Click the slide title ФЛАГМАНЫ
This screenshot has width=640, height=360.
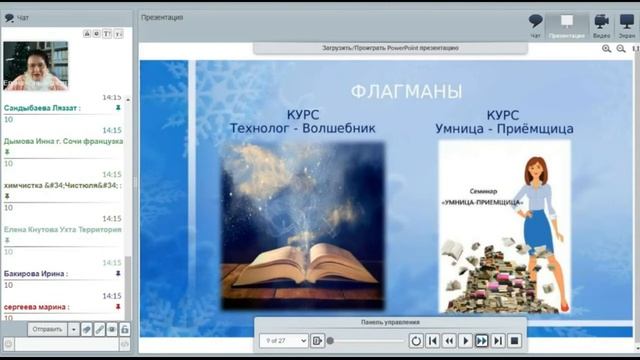pos(406,92)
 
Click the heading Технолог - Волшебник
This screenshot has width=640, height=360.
pos(303,128)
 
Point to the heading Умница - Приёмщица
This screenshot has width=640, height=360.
pos(503,128)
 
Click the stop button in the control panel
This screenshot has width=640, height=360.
pos(514,341)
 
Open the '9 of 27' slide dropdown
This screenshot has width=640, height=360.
pos(284,341)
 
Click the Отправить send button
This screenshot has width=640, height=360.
pos(47,329)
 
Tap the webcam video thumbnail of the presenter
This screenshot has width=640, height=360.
pos(35,65)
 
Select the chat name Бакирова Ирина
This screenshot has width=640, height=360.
pos(36,273)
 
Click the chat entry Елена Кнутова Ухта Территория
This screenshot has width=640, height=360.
pos(63,229)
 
